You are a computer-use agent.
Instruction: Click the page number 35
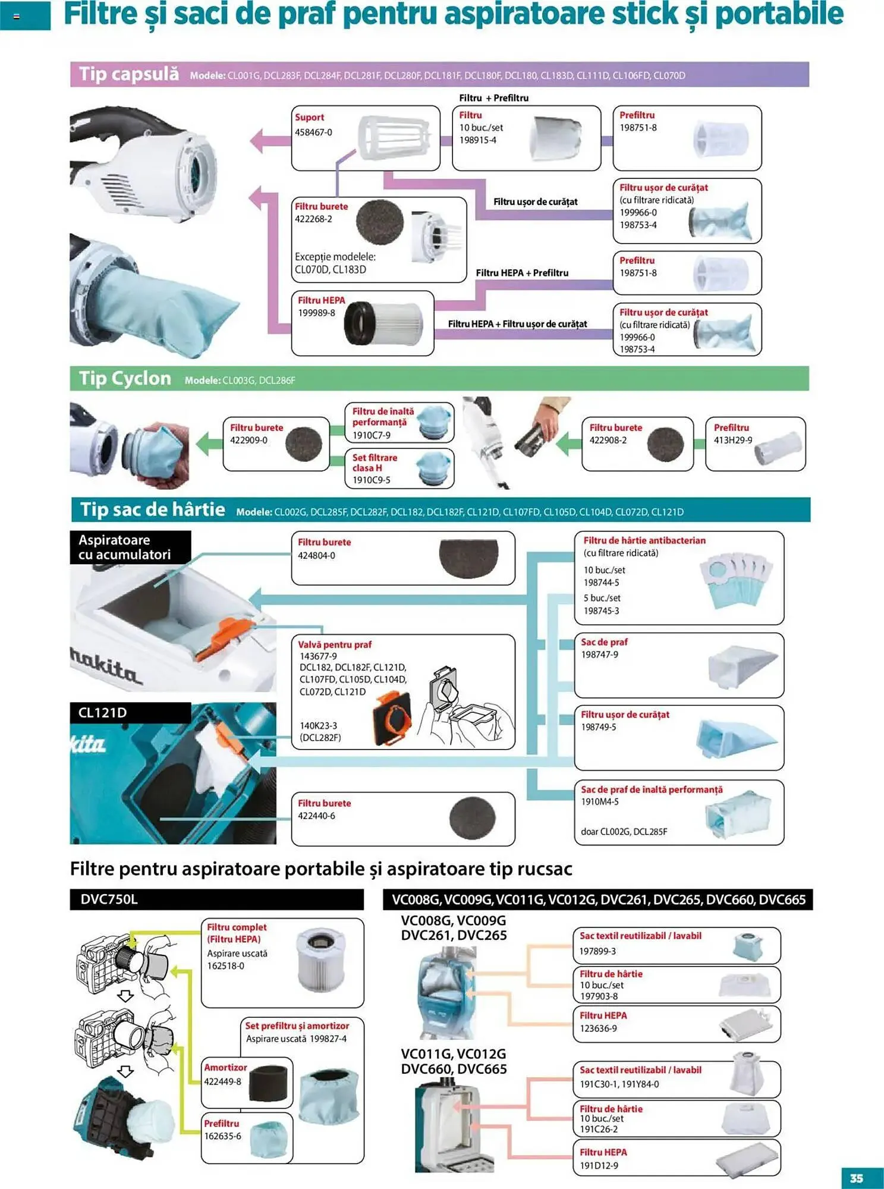point(856,1178)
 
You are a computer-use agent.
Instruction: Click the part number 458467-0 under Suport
point(313,132)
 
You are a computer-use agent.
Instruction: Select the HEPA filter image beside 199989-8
point(383,323)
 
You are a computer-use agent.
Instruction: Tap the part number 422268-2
point(313,219)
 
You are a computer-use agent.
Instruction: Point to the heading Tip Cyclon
point(125,378)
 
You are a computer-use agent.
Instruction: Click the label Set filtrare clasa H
point(375,463)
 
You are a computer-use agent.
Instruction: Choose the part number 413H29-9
point(732,440)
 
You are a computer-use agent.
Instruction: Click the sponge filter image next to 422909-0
point(304,444)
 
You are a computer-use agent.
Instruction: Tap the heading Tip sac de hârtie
point(153,509)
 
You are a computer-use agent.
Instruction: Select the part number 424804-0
point(316,555)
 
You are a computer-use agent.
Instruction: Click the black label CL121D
point(103,712)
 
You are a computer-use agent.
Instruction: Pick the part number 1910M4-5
point(599,801)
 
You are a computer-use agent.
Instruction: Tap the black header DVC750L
point(109,899)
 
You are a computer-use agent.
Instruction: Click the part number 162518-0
point(225,965)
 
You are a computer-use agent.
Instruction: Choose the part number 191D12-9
point(599,1165)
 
